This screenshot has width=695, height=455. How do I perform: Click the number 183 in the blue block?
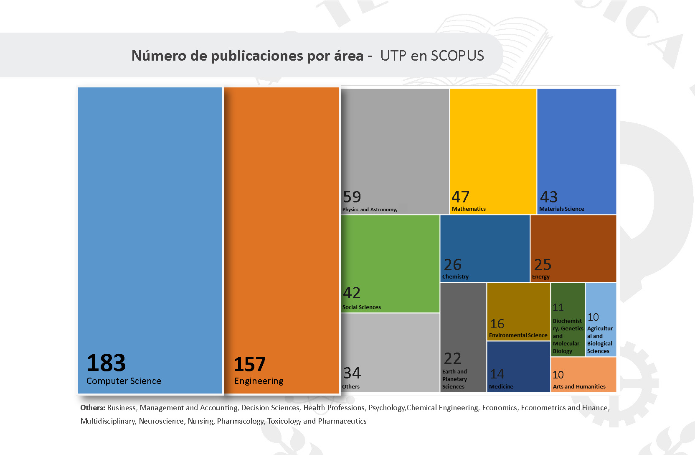pos(106,363)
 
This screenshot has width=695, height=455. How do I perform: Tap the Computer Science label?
pos(124,381)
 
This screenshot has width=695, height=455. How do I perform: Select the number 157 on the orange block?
pos(250,364)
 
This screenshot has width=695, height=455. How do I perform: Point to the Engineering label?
pos(259,381)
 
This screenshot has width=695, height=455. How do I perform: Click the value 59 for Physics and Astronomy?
pos(352,197)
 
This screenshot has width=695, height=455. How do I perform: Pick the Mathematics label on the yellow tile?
pos(469,209)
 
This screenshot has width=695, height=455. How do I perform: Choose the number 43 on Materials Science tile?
pos(549,197)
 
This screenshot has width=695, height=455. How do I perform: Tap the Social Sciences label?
pos(362,307)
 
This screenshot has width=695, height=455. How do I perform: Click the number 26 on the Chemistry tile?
pos(452,265)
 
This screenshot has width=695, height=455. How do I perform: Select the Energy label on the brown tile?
pos(541,277)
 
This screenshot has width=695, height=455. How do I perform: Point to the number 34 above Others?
pos(352,373)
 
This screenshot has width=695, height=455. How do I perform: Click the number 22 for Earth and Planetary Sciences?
pos(452,358)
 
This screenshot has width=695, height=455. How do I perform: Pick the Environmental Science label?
pos(518,335)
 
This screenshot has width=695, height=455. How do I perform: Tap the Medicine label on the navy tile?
pos(501,387)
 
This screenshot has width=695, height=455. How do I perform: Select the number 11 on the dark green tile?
pos(558,308)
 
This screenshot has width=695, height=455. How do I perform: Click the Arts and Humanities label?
pos(579,387)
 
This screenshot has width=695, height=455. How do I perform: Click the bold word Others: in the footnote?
pos(93,408)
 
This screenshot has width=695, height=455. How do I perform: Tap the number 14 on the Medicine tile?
pos(497,374)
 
